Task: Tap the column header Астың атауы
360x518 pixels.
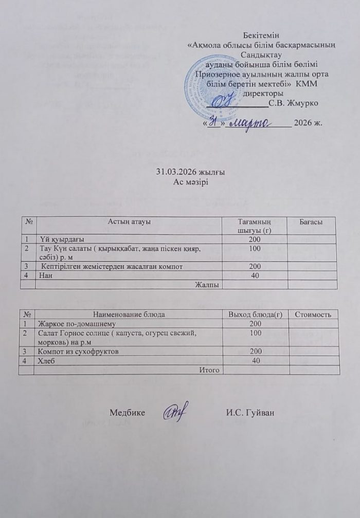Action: [129, 221]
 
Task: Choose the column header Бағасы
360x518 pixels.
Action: [311, 221]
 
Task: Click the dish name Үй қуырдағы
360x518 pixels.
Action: [62, 239]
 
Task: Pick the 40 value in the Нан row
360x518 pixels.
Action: [255, 275]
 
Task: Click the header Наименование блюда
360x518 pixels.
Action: [129, 314]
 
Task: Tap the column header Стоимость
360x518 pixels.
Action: [313, 314]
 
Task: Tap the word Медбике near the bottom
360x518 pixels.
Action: [127, 412]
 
